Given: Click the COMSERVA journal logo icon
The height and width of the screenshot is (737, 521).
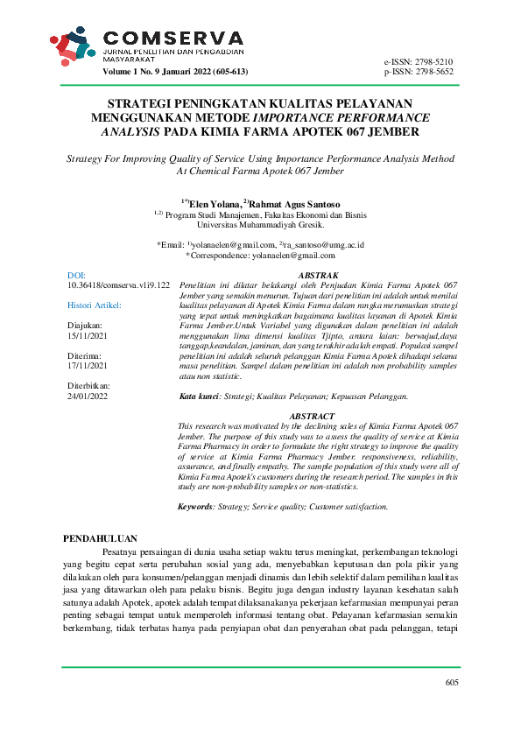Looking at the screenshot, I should pos(72,48).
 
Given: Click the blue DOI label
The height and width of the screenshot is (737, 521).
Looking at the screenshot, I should pos(77,276).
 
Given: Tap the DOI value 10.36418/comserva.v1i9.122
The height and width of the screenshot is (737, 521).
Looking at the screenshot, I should pos(118,285).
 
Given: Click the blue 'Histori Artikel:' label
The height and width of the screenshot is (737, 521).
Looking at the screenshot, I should pos(95,305).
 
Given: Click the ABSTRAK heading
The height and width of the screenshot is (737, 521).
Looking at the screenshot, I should pos(318,275).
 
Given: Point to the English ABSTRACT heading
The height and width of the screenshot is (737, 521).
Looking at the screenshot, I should pos(312,416).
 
